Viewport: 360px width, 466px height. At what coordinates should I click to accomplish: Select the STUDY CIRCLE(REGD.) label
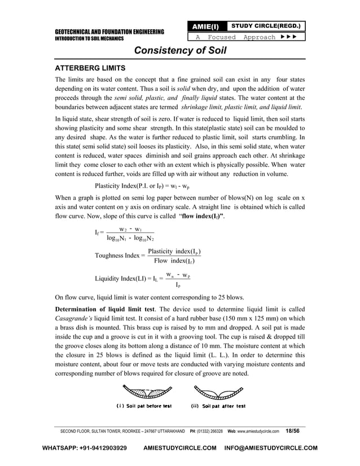tap(264, 26)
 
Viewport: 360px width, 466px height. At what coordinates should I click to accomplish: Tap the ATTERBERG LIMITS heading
tap(89, 68)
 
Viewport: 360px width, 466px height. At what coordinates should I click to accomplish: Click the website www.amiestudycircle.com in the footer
tap(258, 431)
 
